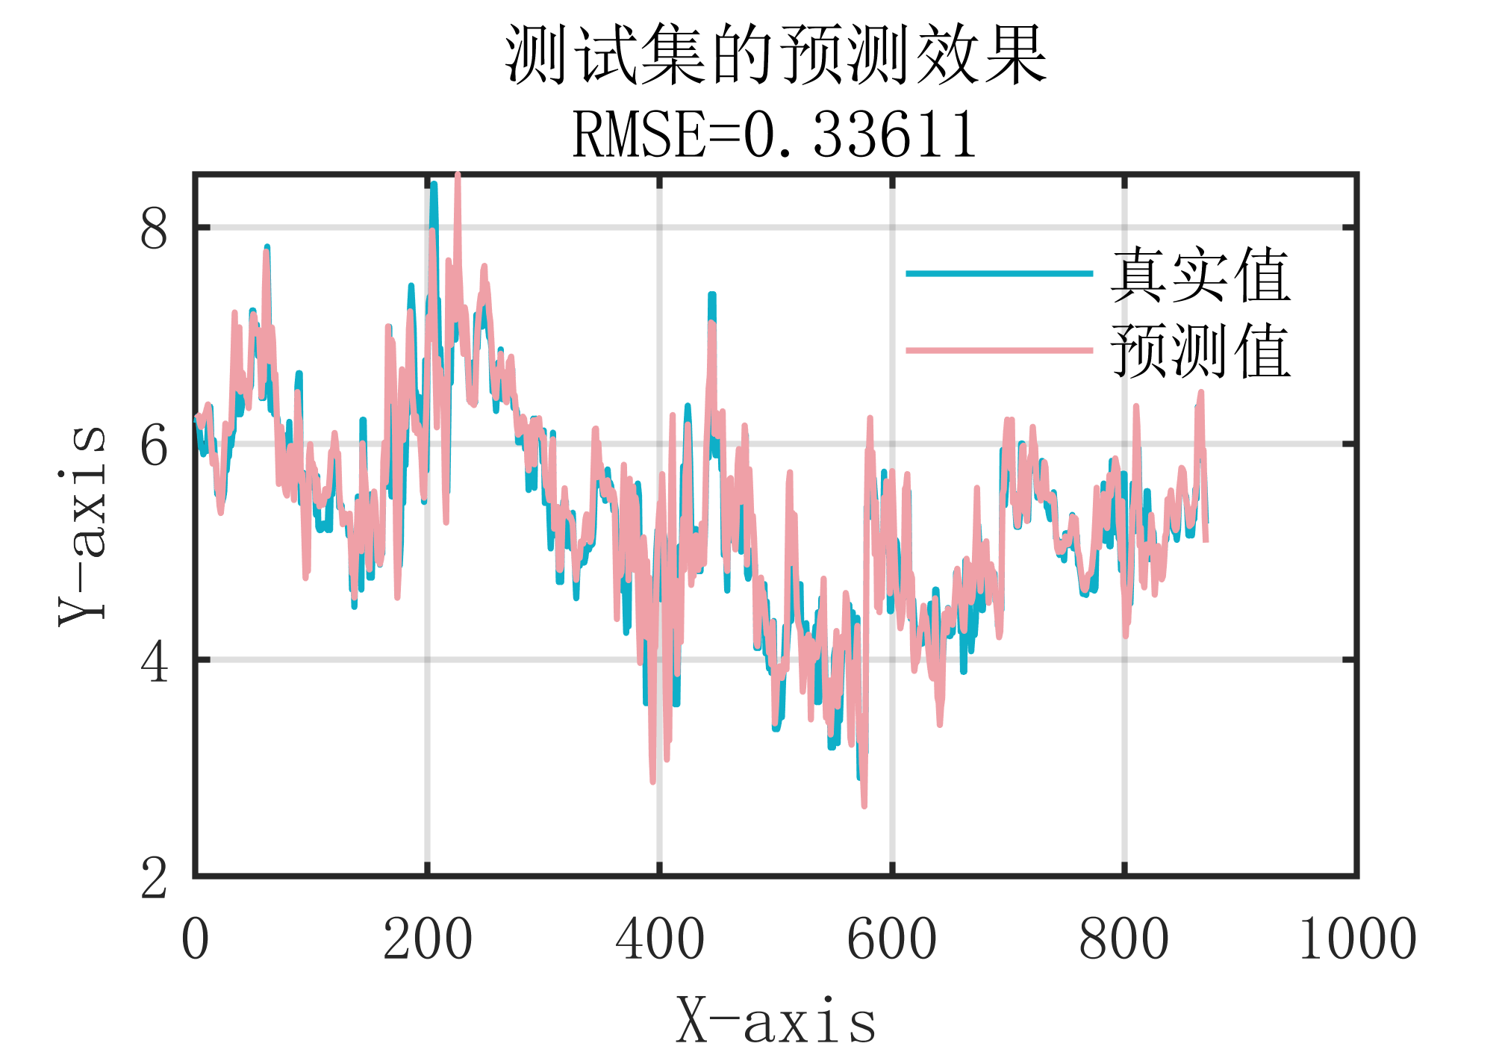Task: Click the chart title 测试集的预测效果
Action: [776, 56]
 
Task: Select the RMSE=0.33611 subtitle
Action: [775, 134]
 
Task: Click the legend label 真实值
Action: [1200, 276]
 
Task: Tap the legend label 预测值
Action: [1200, 351]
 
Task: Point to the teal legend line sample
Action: [999, 274]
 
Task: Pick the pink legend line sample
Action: [999, 350]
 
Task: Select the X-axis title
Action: [776, 1021]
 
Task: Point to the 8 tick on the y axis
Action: [154, 228]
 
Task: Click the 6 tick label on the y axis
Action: [154, 446]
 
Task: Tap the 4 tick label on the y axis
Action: [154, 662]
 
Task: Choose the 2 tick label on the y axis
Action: [154, 878]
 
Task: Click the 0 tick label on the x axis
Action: [195, 939]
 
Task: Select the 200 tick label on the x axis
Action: [428, 939]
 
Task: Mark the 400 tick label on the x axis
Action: [660, 939]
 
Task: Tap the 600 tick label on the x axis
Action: [892, 939]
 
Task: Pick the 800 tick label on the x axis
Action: [1124, 939]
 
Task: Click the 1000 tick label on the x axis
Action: [1357, 939]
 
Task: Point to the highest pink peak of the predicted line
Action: [458, 176]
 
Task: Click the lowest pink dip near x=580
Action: [864, 805]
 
